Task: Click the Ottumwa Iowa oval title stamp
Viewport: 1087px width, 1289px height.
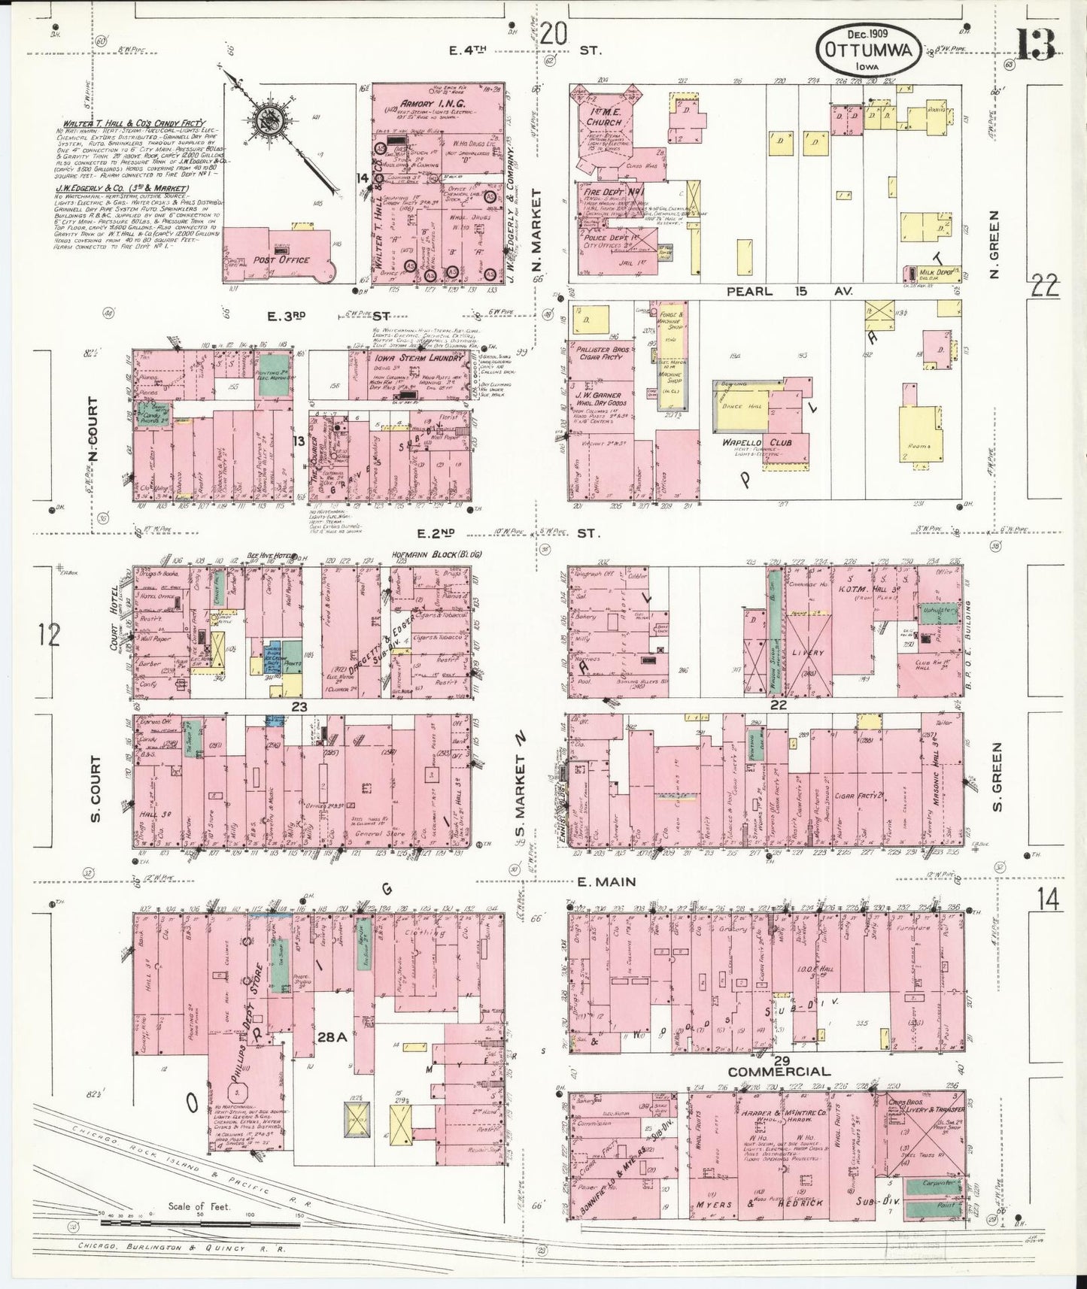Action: point(870,49)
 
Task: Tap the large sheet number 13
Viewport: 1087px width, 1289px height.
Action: point(1037,44)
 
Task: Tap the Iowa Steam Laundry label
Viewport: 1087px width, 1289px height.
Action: point(406,359)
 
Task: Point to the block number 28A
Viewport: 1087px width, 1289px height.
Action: point(331,1037)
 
